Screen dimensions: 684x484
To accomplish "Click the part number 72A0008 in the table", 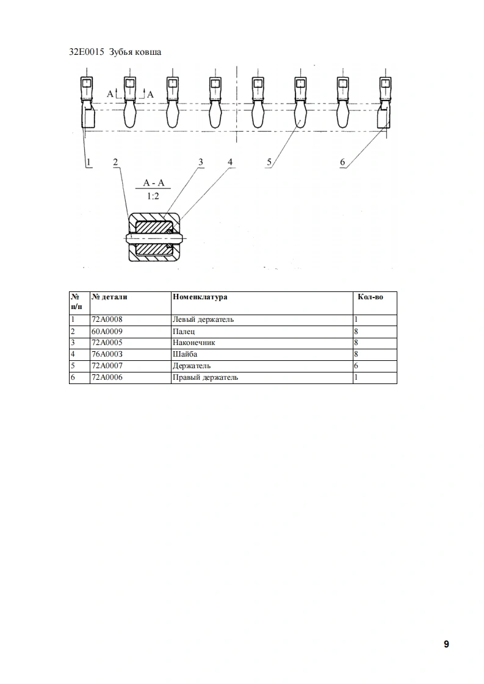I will click(106, 319).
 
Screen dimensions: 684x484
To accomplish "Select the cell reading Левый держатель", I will click(203, 319).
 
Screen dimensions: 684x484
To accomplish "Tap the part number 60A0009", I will click(106, 331).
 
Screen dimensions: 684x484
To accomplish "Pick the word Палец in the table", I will click(184, 331).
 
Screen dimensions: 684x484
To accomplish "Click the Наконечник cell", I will click(194, 343).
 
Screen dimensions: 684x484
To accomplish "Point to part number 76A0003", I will click(106, 354).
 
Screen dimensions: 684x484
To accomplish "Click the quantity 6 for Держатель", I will click(356, 366).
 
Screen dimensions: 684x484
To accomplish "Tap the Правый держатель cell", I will click(206, 377).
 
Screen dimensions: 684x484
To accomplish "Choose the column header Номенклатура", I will click(200, 297).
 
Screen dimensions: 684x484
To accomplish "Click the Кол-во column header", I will click(370, 297).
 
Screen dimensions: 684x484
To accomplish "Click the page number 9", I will click(446, 644).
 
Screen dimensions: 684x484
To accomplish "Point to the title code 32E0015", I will click(87, 52).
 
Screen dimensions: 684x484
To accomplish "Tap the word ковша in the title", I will click(148, 52).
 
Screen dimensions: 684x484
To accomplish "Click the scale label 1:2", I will click(153, 196).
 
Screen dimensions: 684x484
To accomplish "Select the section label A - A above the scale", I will click(153, 183).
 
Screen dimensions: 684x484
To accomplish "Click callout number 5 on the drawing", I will click(269, 162).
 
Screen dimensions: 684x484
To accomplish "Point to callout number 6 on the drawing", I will click(342, 162).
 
